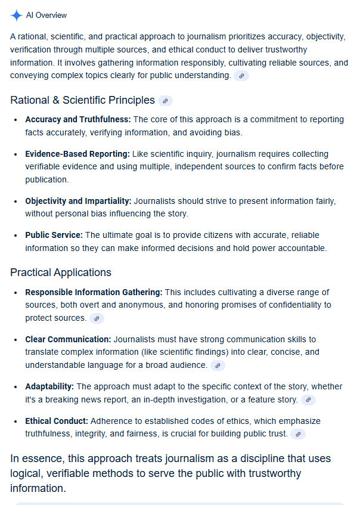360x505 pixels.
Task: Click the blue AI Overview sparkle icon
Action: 16,16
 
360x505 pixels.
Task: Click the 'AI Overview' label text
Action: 46,16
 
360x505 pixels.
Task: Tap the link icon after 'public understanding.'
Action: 241,76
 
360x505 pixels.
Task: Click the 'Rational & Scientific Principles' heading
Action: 82,100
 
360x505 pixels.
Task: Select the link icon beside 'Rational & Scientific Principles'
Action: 165,101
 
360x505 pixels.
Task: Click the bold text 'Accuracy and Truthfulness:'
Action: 77,120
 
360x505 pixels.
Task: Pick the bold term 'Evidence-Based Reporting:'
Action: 77,154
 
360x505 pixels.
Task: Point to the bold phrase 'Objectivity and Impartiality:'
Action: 78,202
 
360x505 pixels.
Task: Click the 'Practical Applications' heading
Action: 61,272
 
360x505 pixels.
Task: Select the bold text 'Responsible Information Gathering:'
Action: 94,292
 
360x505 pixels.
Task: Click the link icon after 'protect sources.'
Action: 97,318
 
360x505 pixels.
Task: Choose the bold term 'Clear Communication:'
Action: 68,339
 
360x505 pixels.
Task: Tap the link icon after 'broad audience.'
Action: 218,365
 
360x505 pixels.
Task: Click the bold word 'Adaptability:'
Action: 49,386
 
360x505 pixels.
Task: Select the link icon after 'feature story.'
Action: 308,400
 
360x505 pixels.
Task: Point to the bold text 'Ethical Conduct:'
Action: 57,421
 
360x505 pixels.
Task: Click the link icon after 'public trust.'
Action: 298,434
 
